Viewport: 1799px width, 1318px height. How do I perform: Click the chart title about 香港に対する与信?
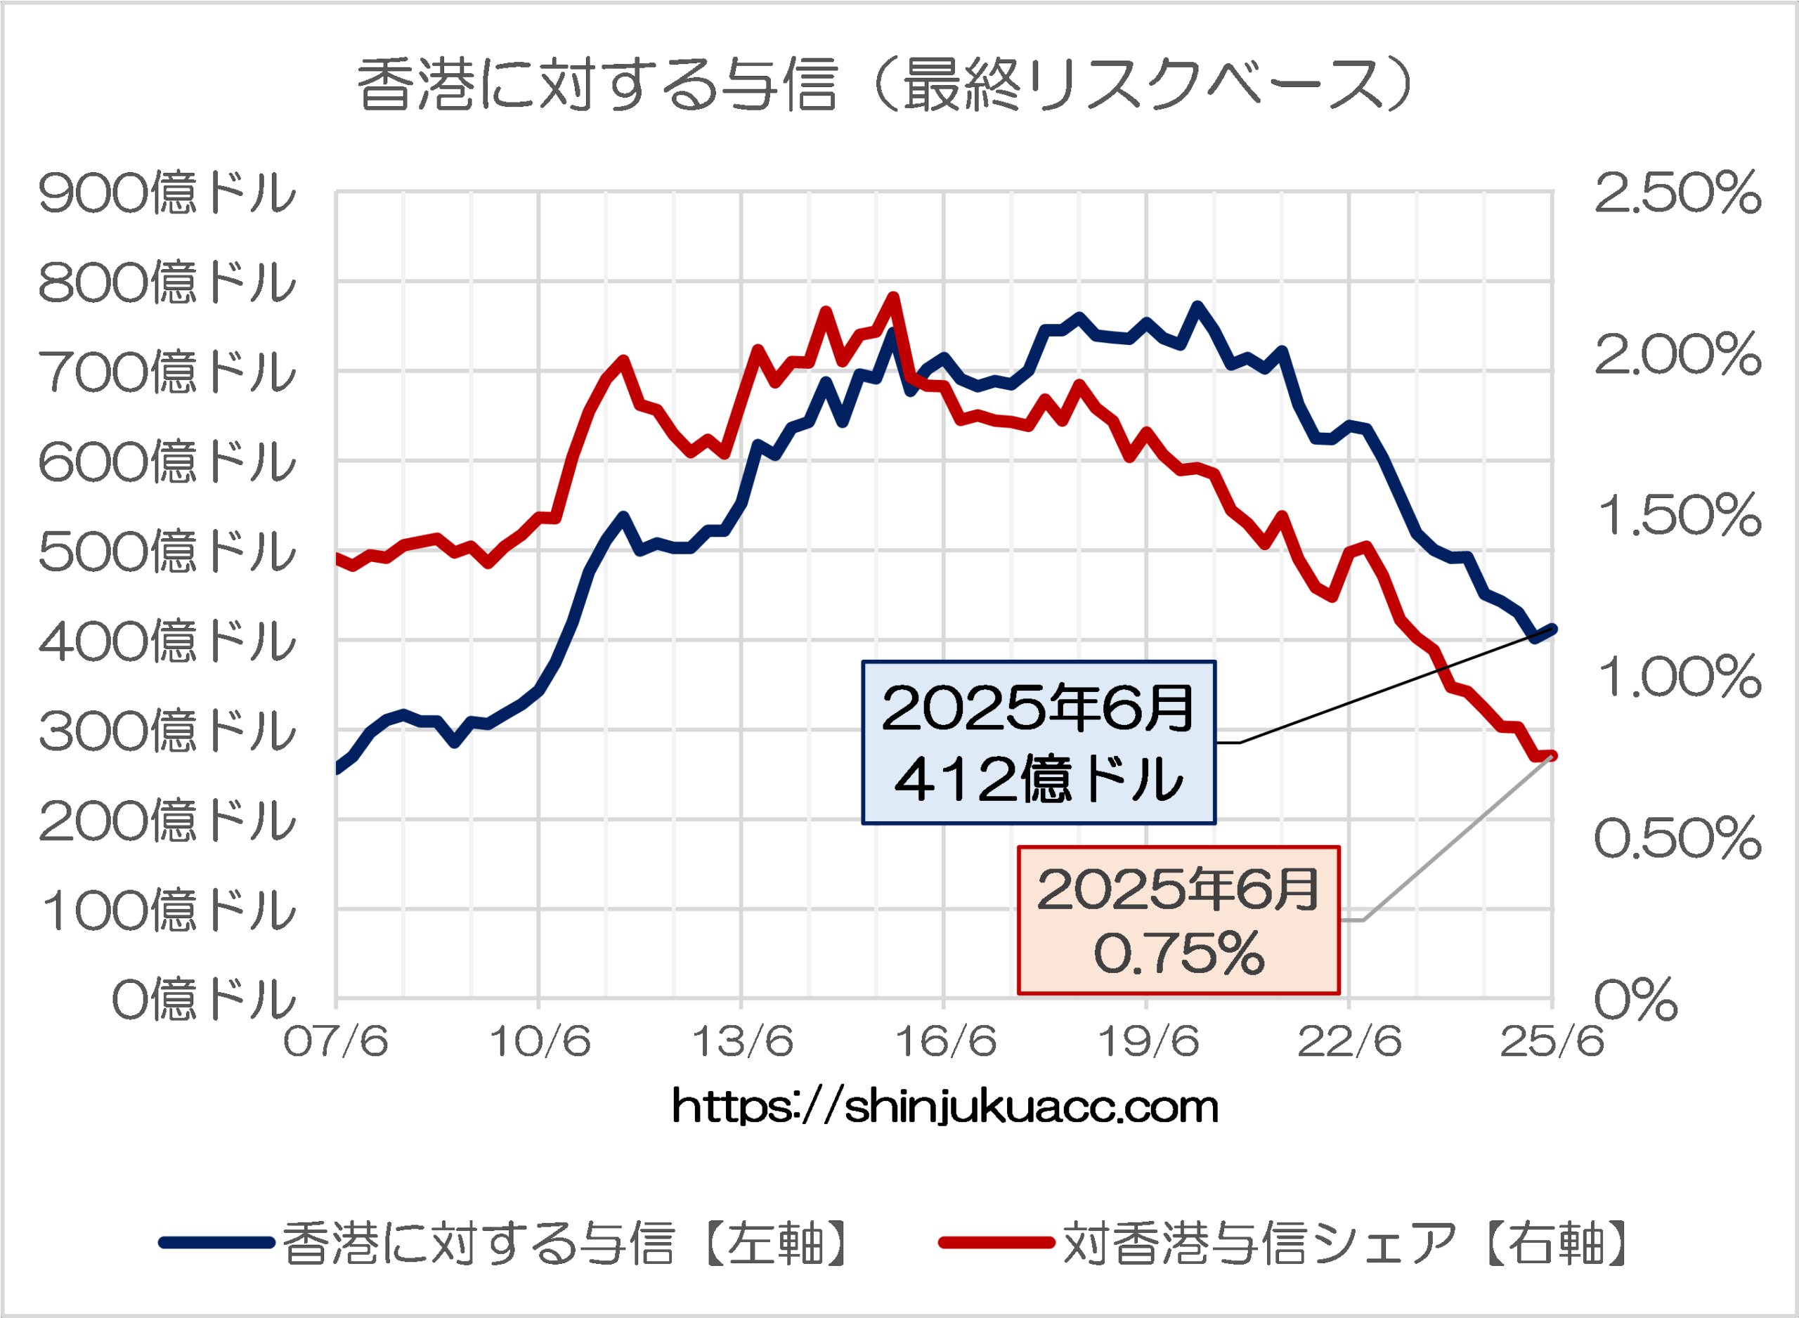(x=885, y=84)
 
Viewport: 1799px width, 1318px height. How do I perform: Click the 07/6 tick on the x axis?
(x=336, y=1041)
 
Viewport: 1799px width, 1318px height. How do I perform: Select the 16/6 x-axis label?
(x=945, y=1041)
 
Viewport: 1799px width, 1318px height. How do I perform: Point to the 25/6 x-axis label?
(x=1552, y=1041)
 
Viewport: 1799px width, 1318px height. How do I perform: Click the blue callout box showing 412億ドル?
(x=1039, y=743)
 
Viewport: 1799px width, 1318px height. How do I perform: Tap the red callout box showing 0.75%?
(x=1178, y=920)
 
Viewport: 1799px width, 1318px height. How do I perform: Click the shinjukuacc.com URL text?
(x=945, y=1107)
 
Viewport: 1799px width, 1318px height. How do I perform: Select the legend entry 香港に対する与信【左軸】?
(x=507, y=1243)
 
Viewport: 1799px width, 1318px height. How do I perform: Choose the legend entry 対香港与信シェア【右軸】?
(x=1285, y=1243)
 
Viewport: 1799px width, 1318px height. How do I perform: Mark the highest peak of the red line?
(x=893, y=298)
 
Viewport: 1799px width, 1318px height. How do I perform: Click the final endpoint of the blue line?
(x=1552, y=629)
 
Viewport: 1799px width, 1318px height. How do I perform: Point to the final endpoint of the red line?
(x=1552, y=755)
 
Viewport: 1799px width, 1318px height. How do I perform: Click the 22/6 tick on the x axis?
(x=1350, y=1041)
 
